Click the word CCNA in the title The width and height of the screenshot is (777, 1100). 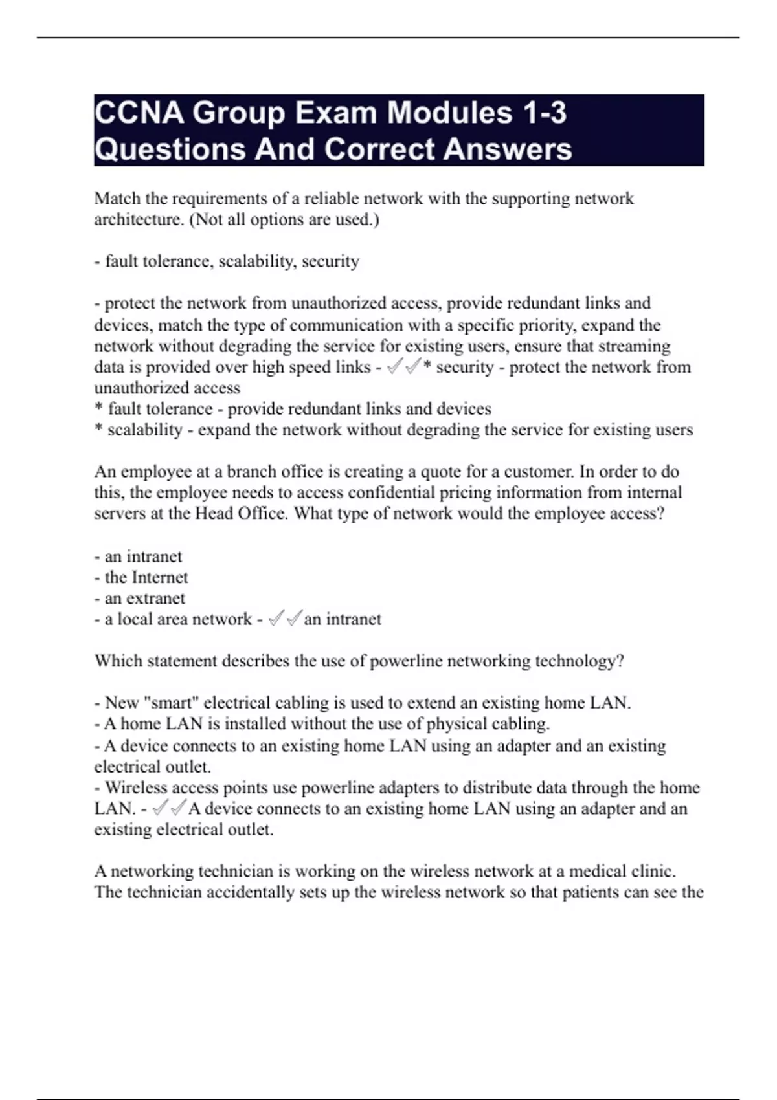pyautogui.click(x=139, y=113)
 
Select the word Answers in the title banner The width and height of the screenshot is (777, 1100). pyautogui.click(x=508, y=149)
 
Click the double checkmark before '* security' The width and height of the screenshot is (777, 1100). pyautogui.click(x=404, y=367)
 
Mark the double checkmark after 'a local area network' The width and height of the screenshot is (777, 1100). pyautogui.click(x=285, y=619)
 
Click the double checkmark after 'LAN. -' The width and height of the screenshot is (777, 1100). pyautogui.click(x=169, y=808)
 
